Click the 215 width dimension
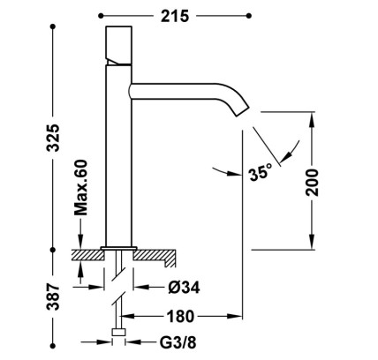pyautogui.click(x=175, y=16)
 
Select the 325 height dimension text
pyautogui.click(x=54, y=138)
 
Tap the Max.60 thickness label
pyautogui.click(x=80, y=187)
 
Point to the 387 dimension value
pyautogui.click(x=53, y=297)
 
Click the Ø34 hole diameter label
pyautogui.click(x=184, y=287)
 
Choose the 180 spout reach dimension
pyautogui.click(x=180, y=317)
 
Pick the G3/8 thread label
pyautogui.click(x=178, y=342)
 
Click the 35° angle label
pyautogui.click(x=261, y=173)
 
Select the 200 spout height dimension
pyautogui.click(x=312, y=183)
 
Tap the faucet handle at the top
pyautogui.click(x=118, y=45)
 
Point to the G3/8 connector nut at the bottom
pyautogui.click(x=119, y=333)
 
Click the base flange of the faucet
pyautogui.click(x=118, y=249)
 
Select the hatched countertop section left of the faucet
pyautogui.click(x=87, y=255)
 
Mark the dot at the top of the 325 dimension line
pyautogui.click(x=53, y=26)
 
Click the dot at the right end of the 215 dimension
pyautogui.click(x=249, y=15)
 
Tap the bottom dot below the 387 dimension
pyautogui.click(x=53, y=345)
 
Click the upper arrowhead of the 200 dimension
pyautogui.click(x=312, y=118)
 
